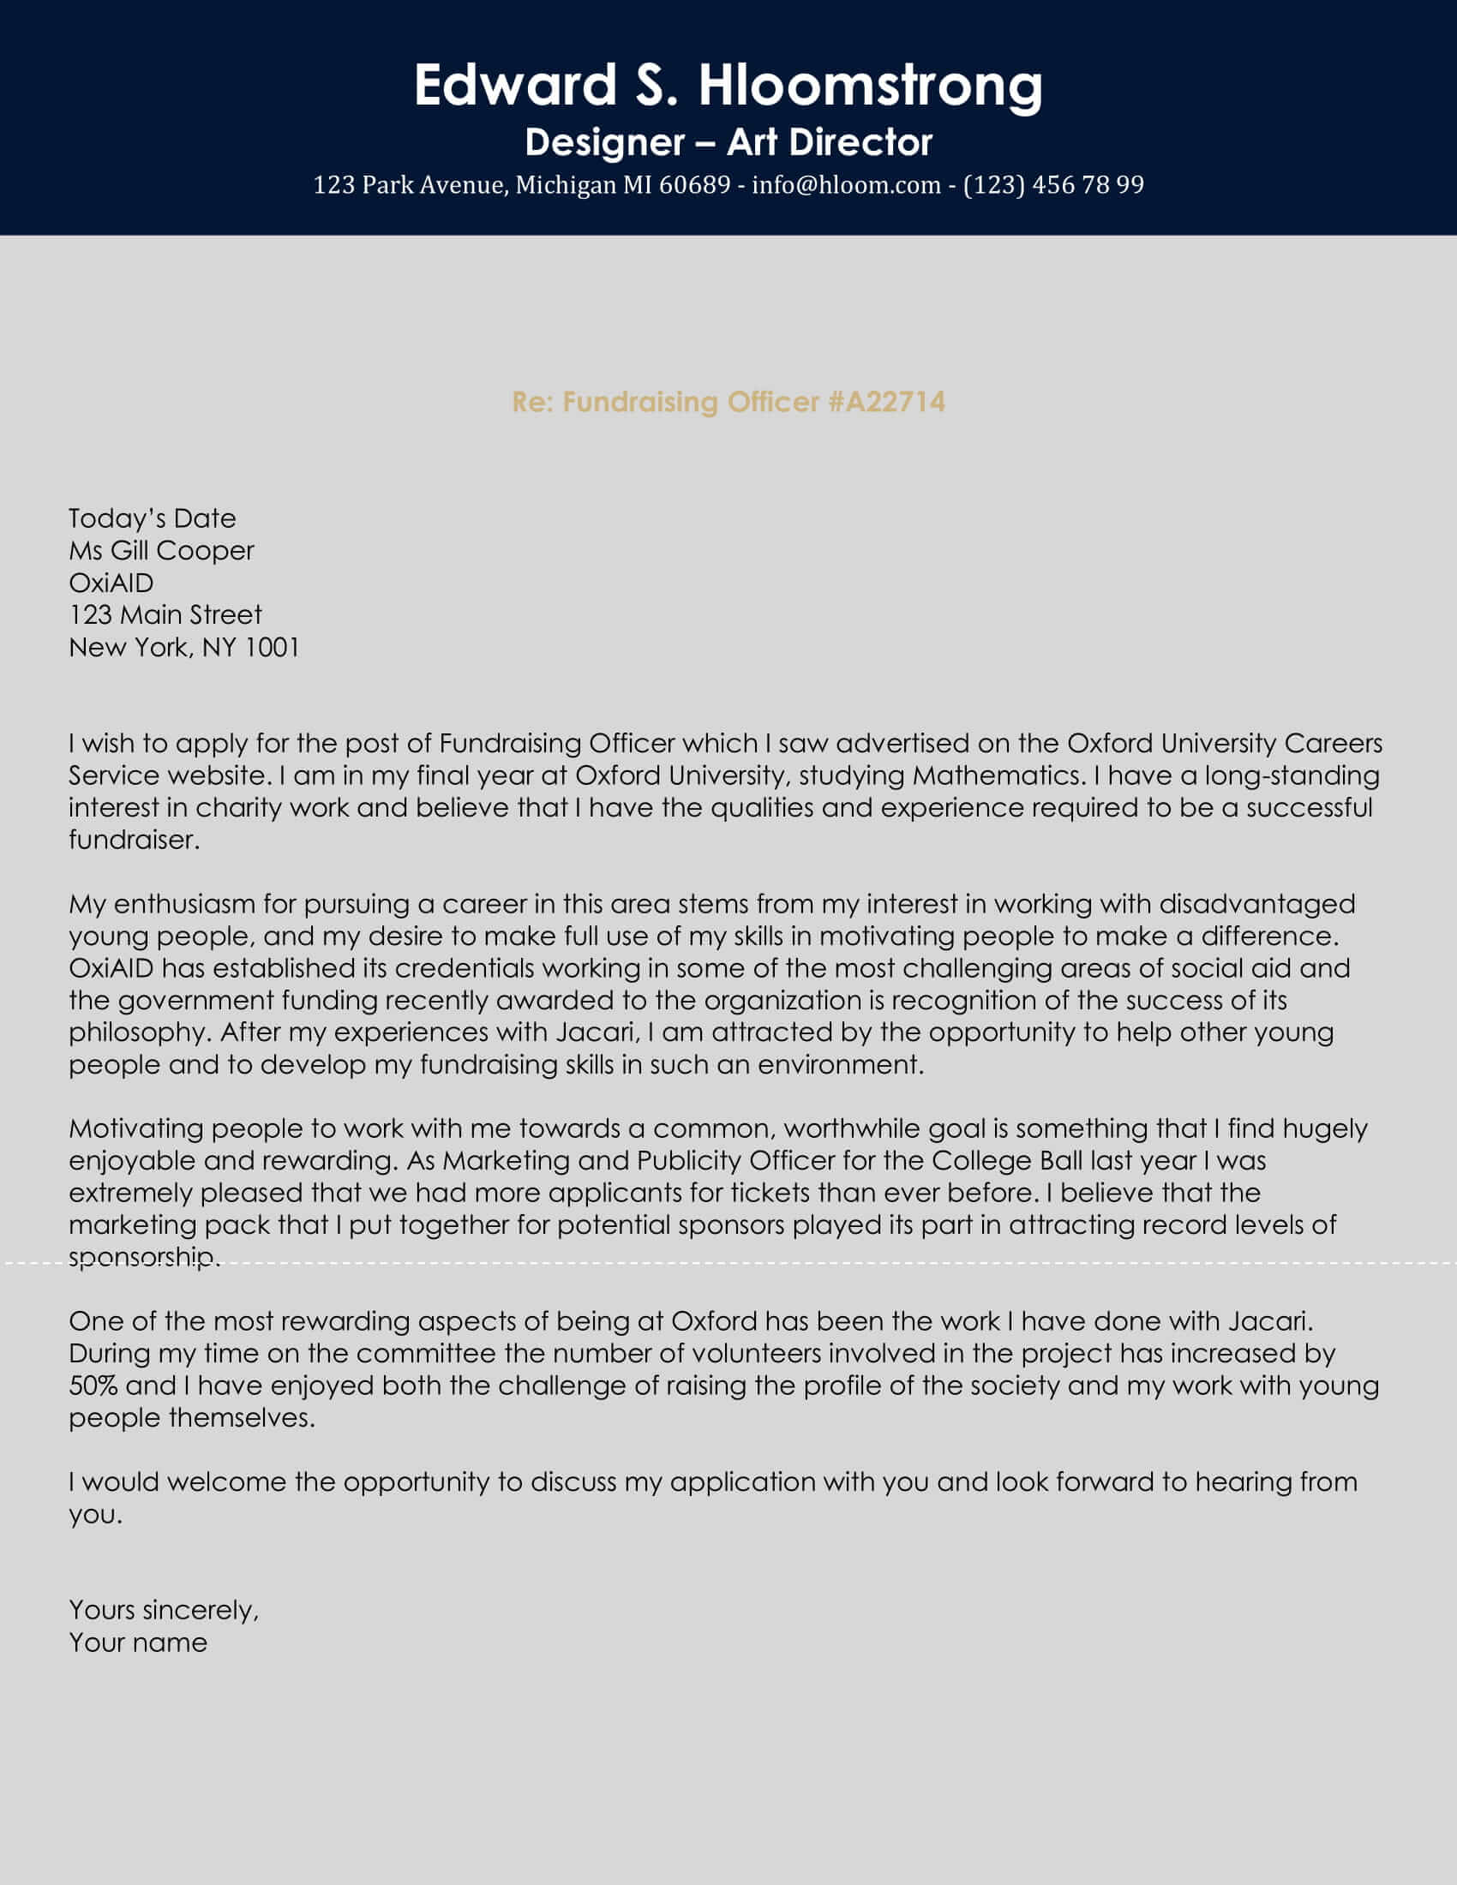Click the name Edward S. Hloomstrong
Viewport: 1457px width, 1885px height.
728,86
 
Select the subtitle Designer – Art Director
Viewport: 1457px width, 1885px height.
728,142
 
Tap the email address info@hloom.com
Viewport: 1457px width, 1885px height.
846,185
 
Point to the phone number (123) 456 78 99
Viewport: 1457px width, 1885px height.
1053,185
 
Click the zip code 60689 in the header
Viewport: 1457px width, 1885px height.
694,185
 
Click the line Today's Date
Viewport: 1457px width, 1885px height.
152,518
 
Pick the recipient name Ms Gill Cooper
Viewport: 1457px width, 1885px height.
161,551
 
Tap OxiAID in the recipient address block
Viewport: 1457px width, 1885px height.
111,583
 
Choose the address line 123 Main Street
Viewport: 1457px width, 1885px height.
165,614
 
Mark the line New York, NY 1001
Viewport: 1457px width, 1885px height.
184,647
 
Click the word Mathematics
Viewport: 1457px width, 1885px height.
997,775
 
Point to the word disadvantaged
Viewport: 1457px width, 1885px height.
1256,904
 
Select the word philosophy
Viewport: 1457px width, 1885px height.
136,1032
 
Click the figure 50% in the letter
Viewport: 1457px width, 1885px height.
93,1386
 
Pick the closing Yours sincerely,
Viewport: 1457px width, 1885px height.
164,1611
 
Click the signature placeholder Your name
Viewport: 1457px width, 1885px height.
138,1643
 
